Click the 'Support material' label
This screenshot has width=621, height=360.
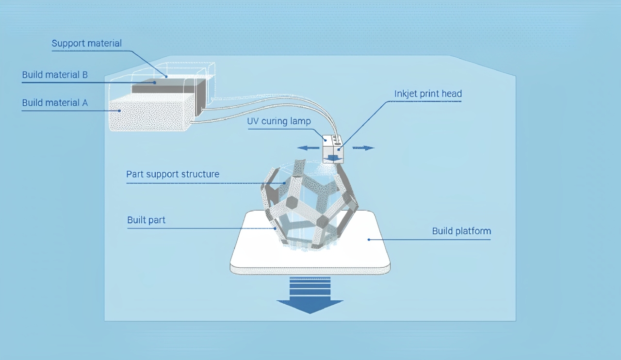pyautogui.click(x=86, y=44)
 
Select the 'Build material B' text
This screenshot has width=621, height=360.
pyautogui.click(x=54, y=75)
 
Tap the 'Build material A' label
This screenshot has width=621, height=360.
pyautogui.click(x=54, y=103)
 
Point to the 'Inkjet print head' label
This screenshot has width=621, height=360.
pyautogui.click(x=427, y=94)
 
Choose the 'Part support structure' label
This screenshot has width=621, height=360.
pyautogui.click(x=172, y=174)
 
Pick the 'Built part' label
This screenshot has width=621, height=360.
pyautogui.click(x=146, y=220)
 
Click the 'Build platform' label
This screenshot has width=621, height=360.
pyautogui.click(x=461, y=231)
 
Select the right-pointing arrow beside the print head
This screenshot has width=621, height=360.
pyautogui.click(x=364, y=148)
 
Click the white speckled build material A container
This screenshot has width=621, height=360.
pyautogui.click(x=150, y=113)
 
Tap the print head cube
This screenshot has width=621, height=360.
pyautogui.click(x=333, y=148)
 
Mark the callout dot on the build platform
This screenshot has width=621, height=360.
pyautogui.click(x=369, y=239)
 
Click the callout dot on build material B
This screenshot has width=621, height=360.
pyautogui.click(x=155, y=82)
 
